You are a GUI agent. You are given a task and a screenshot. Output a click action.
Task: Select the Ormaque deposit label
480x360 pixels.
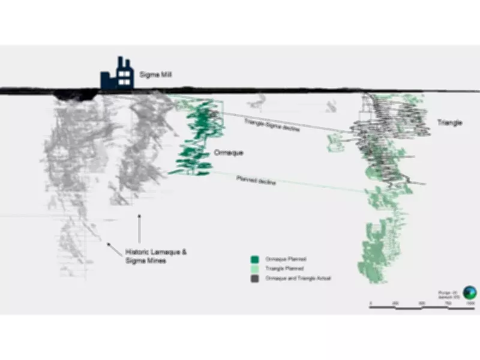coord(228,152)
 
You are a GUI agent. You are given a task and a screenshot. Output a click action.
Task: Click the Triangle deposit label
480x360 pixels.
coord(449,122)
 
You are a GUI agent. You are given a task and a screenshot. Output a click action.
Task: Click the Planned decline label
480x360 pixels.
coord(256,180)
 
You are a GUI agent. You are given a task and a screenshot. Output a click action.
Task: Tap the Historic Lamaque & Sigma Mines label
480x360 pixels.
coord(155,256)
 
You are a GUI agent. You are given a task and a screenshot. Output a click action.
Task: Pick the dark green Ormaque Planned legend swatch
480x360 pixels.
coord(255,260)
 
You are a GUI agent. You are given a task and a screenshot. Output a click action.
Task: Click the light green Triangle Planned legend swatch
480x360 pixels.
coord(255,269)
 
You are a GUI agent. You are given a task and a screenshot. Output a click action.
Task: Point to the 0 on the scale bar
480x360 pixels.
coord(370,304)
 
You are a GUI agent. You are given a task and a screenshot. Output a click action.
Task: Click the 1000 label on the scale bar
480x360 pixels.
coord(470,304)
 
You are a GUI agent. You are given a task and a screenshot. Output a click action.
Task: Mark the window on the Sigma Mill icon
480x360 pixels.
coord(125,76)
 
